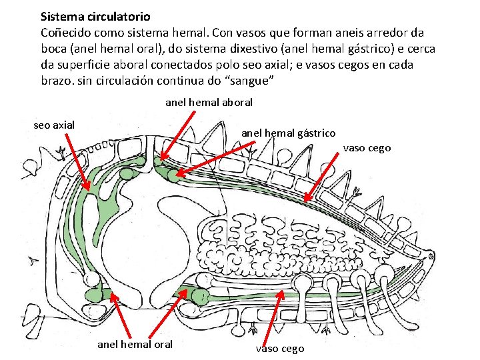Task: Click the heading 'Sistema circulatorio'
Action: pos(95,16)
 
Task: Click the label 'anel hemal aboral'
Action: pos(209,103)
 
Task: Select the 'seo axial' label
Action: pos(54,125)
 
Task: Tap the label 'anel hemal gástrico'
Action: pos(288,133)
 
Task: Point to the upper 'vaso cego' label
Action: pos(367,148)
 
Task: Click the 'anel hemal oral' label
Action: pos(135,344)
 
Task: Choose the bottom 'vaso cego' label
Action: pos(280,348)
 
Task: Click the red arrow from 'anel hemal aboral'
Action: pos(176,136)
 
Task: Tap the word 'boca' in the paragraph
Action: pos(54,49)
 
